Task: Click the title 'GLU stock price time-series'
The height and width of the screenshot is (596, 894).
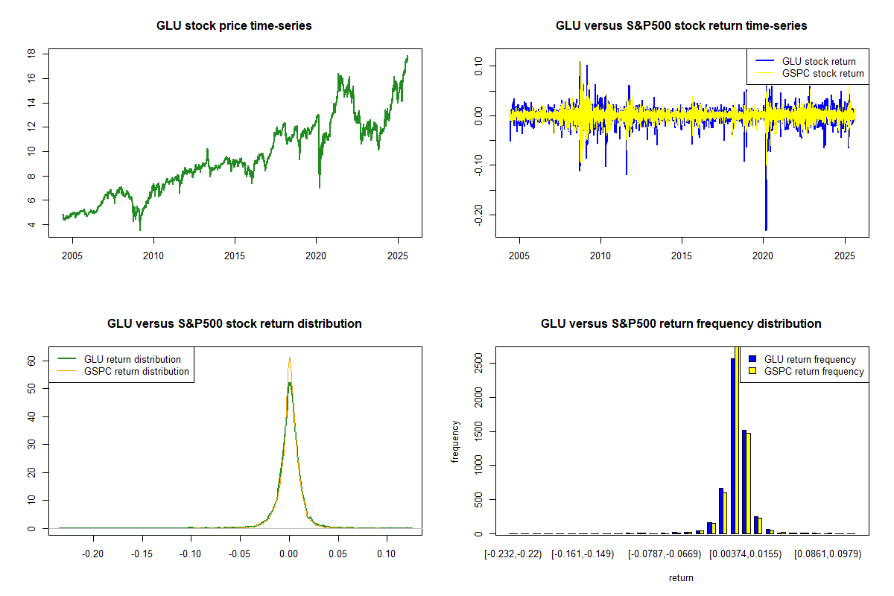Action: click(234, 26)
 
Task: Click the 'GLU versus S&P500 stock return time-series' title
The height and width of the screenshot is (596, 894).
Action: click(681, 26)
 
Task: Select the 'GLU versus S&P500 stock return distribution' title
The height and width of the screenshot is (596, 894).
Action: click(234, 324)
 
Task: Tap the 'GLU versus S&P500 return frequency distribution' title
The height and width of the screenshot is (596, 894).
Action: click(681, 324)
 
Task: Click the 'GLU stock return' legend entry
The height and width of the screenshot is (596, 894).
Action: click(818, 61)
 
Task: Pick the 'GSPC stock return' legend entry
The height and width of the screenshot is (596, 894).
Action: click(822, 73)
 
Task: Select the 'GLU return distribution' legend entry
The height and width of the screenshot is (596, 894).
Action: click(132, 359)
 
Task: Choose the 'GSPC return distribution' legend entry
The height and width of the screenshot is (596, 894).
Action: click(136, 371)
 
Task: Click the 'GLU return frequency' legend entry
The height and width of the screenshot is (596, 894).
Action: click(810, 359)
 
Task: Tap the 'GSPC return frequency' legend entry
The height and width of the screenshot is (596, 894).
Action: click(814, 371)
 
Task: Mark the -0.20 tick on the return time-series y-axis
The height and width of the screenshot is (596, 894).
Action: click(478, 215)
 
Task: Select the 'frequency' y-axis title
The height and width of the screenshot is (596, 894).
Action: click(456, 441)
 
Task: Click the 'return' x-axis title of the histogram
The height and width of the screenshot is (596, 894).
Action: click(681, 578)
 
